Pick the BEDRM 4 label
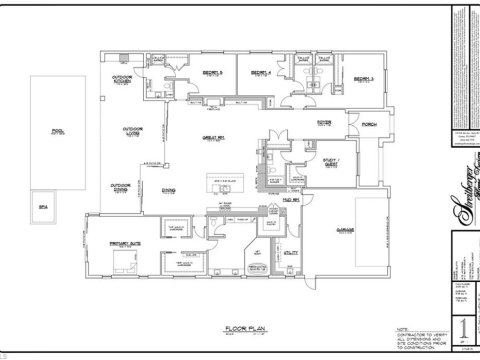259,73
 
